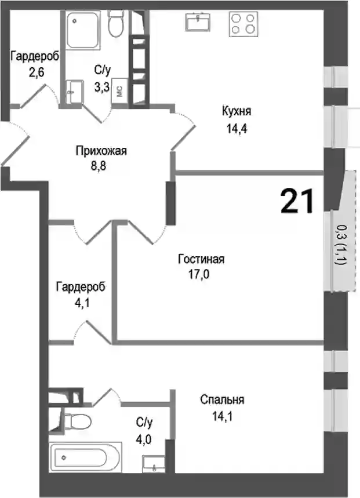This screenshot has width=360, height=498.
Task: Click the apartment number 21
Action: pos(297,201)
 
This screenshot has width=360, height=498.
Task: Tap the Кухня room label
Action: pos(237,111)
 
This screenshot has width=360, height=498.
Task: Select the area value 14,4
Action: pos(237,129)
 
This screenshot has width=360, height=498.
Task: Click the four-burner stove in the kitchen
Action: pos(243,24)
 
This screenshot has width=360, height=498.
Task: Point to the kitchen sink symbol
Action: pos(198,21)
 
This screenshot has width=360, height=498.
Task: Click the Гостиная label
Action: pos(201,259)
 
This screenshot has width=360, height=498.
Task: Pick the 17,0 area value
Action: pos(199,274)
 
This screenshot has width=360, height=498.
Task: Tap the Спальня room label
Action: pos(222,399)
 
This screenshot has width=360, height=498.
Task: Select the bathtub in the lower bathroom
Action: pos(85,457)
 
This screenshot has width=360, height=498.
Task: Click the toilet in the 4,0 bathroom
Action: pos(75,421)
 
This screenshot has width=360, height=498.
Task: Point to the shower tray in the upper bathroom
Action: pos(83,30)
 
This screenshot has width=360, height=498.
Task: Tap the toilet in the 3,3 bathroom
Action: pos(116,22)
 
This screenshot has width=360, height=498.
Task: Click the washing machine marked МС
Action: pos(119,91)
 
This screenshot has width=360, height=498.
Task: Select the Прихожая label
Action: pos(101,151)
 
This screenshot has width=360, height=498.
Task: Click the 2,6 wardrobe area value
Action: pos(36,72)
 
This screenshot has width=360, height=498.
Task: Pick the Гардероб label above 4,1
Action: pos(81,287)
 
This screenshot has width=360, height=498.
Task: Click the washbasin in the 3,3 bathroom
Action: pos(75,92)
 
